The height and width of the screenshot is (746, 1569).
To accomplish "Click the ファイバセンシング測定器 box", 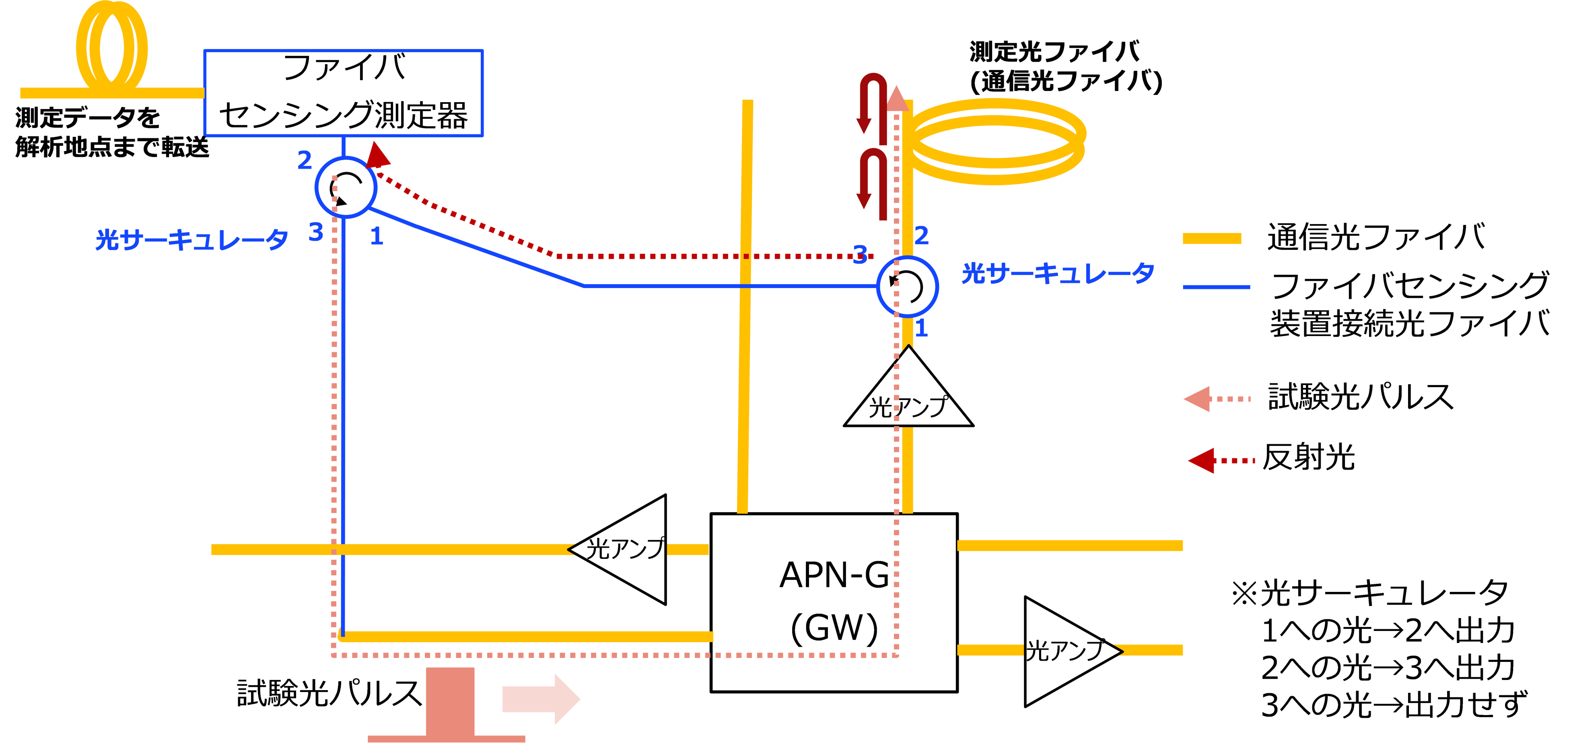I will tap(343, 93).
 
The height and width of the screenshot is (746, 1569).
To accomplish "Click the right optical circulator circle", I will tap(907, 286).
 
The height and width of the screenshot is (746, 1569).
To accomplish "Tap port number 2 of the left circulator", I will tap(305, 160).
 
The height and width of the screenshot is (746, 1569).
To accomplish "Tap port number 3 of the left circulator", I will tap(315, 232).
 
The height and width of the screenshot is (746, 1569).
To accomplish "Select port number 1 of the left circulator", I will tap(377, 236).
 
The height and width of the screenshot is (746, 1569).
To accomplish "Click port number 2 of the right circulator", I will tap(922, 235).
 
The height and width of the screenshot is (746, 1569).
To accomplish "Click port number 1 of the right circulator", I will tap(922, 328).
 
